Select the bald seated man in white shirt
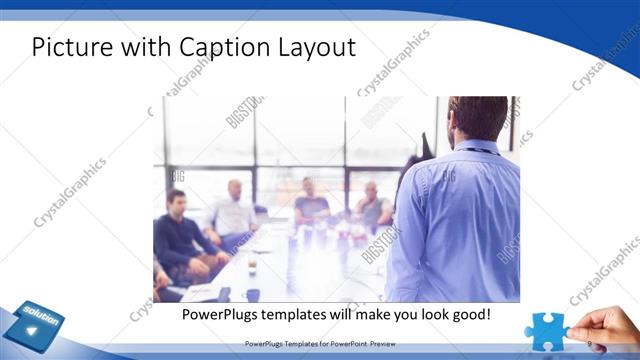tap(233, 210)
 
